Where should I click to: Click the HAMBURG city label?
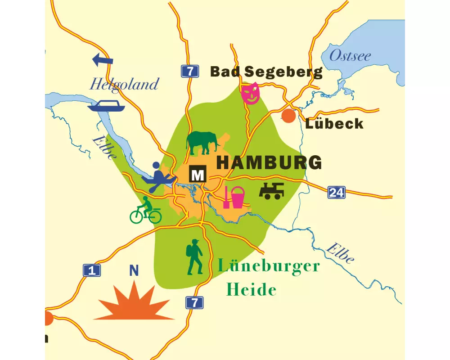click(269, 163)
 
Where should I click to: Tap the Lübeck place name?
click(334, 124)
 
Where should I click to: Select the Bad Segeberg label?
click(266, 72)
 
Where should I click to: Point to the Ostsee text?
click(350, 56)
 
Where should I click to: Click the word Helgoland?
click(124, 84)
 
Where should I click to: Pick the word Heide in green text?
click(251, 290)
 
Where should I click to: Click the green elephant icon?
click(202, 142)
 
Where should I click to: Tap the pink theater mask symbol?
click(251, 93)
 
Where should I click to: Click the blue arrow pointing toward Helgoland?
click(103, 59)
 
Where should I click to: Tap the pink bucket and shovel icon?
click(234, 197)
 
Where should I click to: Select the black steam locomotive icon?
click(271, 191)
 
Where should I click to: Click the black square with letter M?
click(198, 175)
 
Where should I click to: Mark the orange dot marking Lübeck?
click(288, 116)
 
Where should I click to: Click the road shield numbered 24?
click(336, 193)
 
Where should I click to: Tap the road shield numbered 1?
click(92, 270)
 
